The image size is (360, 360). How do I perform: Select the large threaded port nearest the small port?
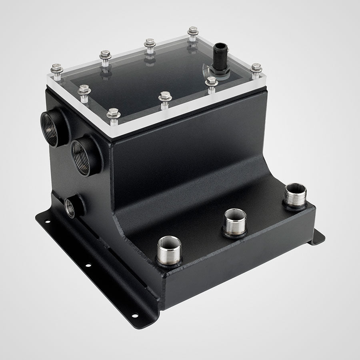point(83,157)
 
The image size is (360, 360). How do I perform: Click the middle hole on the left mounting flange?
point(87,265)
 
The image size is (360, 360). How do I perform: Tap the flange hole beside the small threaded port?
point(48,221)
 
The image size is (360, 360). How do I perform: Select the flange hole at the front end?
point(135,316)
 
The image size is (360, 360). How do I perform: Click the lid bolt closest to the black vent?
point(211,82)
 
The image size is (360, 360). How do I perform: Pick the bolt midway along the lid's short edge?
point(84,90)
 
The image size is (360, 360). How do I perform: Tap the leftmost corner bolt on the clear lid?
point(57,69)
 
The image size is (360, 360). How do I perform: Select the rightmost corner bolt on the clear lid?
point(256,68)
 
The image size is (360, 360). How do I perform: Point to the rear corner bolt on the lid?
point(193,31)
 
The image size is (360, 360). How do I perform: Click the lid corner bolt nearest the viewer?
point(114,114)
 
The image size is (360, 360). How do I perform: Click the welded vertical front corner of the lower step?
point(161,288)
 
